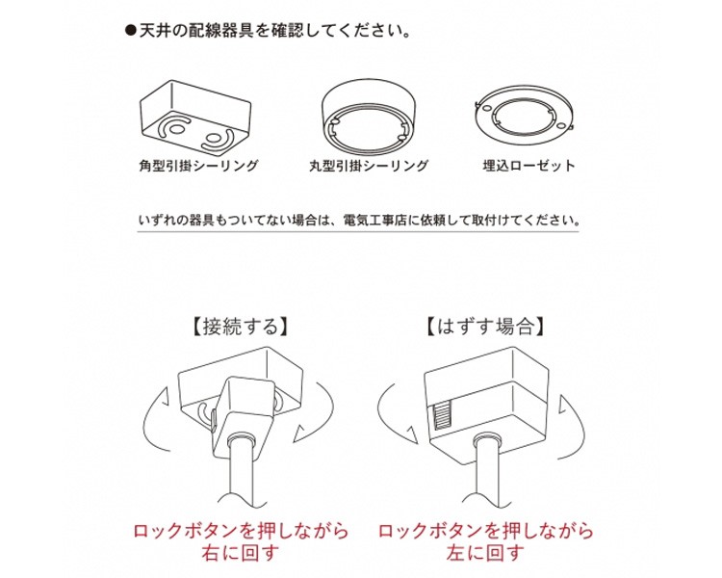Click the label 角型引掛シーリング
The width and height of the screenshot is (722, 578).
coord(198,166)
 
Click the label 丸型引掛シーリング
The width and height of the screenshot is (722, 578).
coord(369,166)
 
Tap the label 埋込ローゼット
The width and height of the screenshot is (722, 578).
coord(529,166)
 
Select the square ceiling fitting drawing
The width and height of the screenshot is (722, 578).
coord(195,119)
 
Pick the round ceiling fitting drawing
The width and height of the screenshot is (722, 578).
coord(369,116)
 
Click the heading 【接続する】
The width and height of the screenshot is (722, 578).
coord(240,327)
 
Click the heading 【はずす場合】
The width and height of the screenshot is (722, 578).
coord(485,327)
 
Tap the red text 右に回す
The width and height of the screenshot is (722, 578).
coord(240,552)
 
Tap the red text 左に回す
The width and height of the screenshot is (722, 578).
coord(485,552)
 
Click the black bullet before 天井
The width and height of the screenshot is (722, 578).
coord(131,32)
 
